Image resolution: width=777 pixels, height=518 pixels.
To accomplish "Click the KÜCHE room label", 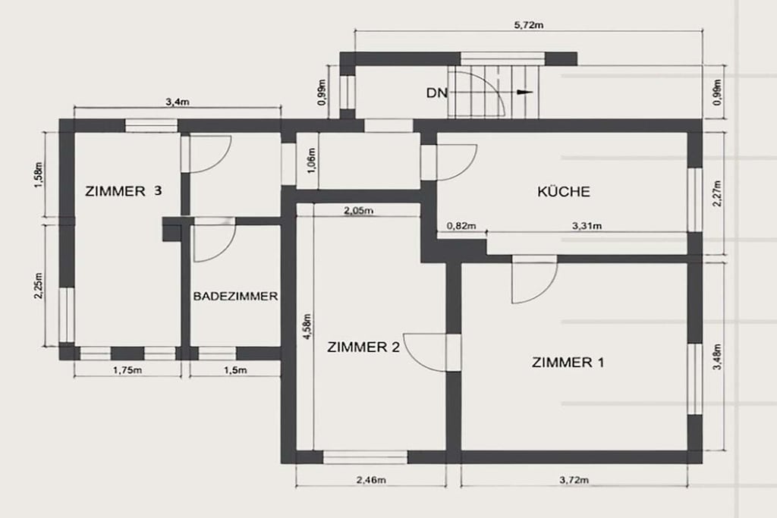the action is coord(564,191).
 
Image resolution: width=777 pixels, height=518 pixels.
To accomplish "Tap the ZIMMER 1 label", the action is coord(568,363).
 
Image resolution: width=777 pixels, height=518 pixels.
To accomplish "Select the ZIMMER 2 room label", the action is coord(363,347).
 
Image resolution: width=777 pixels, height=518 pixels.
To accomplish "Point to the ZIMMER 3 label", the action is coord(124,190).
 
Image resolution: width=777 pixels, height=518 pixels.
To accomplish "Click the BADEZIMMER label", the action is coord(235,296).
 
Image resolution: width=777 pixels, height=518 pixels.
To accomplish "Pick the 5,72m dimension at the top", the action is coord(529,25).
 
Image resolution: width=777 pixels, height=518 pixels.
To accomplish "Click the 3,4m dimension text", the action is coord(178,102).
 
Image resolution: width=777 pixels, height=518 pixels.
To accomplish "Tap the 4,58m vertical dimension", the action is coord(307,326).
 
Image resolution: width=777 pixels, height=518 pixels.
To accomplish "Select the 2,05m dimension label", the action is coord(358,211).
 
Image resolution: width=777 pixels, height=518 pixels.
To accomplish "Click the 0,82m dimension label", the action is coord(461,226).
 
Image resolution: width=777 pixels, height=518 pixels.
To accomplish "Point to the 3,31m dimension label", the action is coord(587,226).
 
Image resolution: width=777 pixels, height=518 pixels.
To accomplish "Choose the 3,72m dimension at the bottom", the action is coord(574,479).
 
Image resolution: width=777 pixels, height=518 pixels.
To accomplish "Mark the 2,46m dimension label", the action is coord(371,479).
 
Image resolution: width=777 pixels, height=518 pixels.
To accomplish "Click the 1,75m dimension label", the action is coord(127,369).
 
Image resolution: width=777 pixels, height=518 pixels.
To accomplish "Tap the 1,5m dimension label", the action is coord(235,369).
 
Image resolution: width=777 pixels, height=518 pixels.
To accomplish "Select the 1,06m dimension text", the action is coord(312,161).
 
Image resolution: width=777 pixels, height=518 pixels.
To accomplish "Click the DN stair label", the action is coord(436,93).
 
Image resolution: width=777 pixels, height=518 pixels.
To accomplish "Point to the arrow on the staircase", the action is coord(524,92).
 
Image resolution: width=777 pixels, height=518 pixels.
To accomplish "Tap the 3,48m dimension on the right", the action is coord(716,356).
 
